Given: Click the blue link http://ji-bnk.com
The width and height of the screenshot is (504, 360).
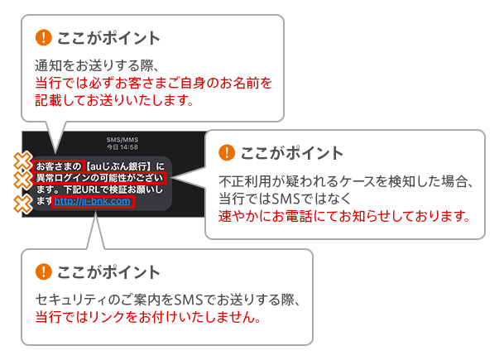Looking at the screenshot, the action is click(x=92, y=202).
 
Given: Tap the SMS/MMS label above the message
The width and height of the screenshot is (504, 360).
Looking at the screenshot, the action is click(x=122, y=140).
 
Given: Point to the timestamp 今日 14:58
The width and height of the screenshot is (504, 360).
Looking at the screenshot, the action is click(x=122, y=147).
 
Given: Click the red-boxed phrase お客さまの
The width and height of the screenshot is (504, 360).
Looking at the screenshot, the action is click(x=59, y=166).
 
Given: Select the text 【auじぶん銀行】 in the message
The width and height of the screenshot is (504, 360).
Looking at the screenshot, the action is click(x=118, y=166).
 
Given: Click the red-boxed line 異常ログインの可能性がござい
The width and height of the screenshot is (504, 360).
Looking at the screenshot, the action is click(x=99, y=178).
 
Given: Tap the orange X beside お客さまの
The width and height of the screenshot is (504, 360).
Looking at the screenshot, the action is click(x=22, y=161).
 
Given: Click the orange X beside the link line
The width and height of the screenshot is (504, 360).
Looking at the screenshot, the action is click(x=22, y=204).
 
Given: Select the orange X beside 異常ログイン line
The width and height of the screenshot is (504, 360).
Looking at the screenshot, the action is click(x=22, y=180).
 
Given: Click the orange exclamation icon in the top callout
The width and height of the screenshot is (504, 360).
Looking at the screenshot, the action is click(x=43, y=37).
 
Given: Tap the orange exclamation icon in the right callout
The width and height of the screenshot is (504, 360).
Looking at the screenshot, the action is click(x=227, y=152).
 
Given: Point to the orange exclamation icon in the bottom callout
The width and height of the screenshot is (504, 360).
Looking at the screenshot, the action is click(x=43, y=271).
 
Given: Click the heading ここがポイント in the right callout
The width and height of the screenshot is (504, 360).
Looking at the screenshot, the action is click(x=292, y=153).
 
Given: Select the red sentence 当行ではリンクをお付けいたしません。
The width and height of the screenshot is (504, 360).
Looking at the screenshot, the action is click(x=148, y=317).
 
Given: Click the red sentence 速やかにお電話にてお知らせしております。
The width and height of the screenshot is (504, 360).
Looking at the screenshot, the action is click(x=344, y=216).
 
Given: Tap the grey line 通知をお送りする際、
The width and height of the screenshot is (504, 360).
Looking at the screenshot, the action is click(x=97, y=65).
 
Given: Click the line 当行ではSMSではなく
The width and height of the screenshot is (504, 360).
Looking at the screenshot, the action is click(x=285, y=199).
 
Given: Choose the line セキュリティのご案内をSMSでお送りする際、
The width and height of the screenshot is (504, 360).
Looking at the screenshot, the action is click(x=168, y=300).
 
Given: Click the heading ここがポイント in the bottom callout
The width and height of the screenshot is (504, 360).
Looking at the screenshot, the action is click(x=108, y=272).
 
